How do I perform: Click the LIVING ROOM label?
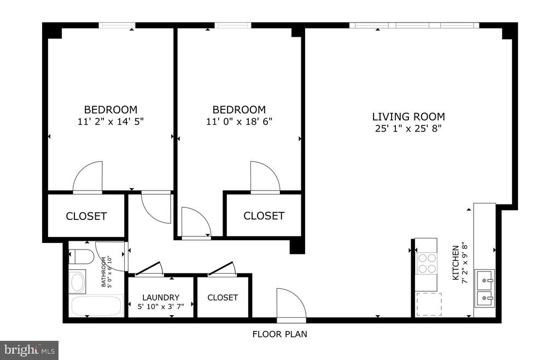coord(408,117)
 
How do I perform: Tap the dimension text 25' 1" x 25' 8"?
coord(408,129)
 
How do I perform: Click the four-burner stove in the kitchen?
coord(426,263)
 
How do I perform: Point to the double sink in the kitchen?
coord(484,289)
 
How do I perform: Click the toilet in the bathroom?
coord(78,256)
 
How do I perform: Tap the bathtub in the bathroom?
coord(96,306)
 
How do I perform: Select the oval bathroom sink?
coord(78,282)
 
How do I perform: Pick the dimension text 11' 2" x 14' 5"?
coord(110,121)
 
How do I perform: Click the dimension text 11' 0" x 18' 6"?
coord(239,121)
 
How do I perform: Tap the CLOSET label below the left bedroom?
coord(86,216)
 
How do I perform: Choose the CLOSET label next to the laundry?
coord(223,298)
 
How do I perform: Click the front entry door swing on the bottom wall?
coord(291,304)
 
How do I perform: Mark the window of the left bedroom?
coord(116,25)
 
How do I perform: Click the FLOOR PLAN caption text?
coord(279,334)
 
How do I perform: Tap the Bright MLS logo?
coord(30,349)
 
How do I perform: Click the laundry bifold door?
coord(149,269)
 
